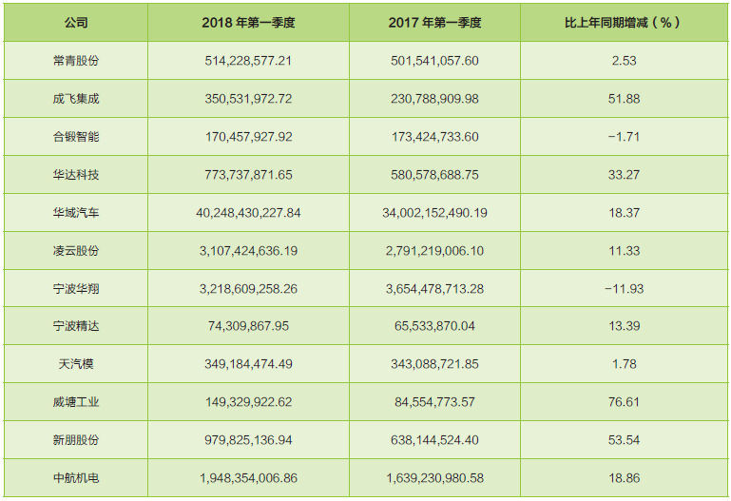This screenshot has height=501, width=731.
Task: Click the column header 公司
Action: tap(76, 23)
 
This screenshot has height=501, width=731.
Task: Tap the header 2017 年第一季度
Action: tap(434, 23)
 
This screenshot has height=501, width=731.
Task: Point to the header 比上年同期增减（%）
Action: tap(624, 23)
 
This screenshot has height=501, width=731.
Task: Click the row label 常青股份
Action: tap(76, 61)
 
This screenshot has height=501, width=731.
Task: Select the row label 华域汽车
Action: tap(76, 213)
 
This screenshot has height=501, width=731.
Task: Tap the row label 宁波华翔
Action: tap(76, 288)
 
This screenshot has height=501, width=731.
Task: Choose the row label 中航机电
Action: tap(76, 478)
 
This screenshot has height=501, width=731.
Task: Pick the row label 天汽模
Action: tap(76, 364)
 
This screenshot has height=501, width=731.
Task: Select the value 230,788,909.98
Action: tap(434, 99)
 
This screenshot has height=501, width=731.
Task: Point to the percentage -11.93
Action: tap(624, 288)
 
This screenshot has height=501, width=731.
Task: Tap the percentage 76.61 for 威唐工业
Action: tap(624, 402)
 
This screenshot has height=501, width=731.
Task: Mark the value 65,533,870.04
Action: tap(434, 326)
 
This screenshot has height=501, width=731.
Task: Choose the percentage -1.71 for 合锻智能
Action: tap(624, 137)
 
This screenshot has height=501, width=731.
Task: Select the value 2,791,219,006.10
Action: tap(434, 251)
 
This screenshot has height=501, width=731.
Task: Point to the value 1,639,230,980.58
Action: tap(434, 478)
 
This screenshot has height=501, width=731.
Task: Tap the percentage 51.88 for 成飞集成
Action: tap(624, 99)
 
